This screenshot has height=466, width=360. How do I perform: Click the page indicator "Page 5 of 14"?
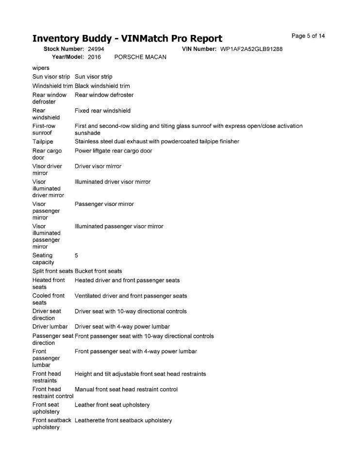tap(308, 36)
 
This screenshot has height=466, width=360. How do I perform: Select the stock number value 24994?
tap(96, 49)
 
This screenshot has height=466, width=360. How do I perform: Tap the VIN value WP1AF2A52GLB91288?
tap(251, 49)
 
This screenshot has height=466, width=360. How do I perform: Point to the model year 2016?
tap(95, 57)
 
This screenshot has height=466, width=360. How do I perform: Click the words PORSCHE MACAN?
tap(140, 57)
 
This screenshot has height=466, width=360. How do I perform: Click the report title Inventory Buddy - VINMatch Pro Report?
tap(127, 39)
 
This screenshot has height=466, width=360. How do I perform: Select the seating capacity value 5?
tap(77, 255)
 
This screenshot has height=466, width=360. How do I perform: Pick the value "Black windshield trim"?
tap(102, 86)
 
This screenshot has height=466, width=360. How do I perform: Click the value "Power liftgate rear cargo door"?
tap(114, 151)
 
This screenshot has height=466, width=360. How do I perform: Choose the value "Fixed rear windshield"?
tap(102, 111)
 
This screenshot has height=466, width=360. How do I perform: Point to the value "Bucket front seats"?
tap(98, 271)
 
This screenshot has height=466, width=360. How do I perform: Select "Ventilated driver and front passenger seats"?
tap(131, 296)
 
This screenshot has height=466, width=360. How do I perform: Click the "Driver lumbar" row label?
tap(50, 327)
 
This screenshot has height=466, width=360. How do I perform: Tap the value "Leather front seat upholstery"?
tap(112, 405)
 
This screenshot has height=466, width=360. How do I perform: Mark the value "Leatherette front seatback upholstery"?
tap(123, 420)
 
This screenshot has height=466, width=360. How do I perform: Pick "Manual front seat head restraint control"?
tap(126, 389)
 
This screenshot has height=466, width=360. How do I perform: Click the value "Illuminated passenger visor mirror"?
tap(119, 226)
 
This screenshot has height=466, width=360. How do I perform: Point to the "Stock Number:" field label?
tap(64, 49)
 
